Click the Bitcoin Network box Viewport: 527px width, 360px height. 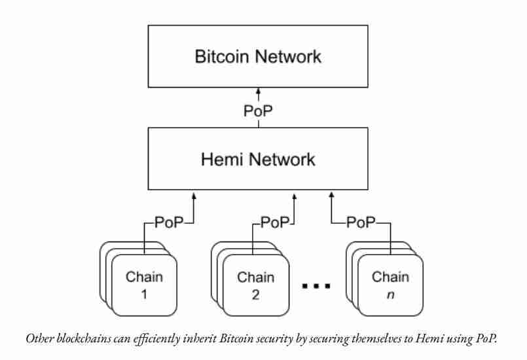258,57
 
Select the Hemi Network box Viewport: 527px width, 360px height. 258,160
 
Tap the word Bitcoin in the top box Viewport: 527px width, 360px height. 223,57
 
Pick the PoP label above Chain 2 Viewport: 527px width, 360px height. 274,223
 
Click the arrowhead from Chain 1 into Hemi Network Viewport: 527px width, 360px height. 194,194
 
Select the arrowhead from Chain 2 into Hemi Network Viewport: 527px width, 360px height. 294,194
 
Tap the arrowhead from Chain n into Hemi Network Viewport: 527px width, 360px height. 332,194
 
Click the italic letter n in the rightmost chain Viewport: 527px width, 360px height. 391,294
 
